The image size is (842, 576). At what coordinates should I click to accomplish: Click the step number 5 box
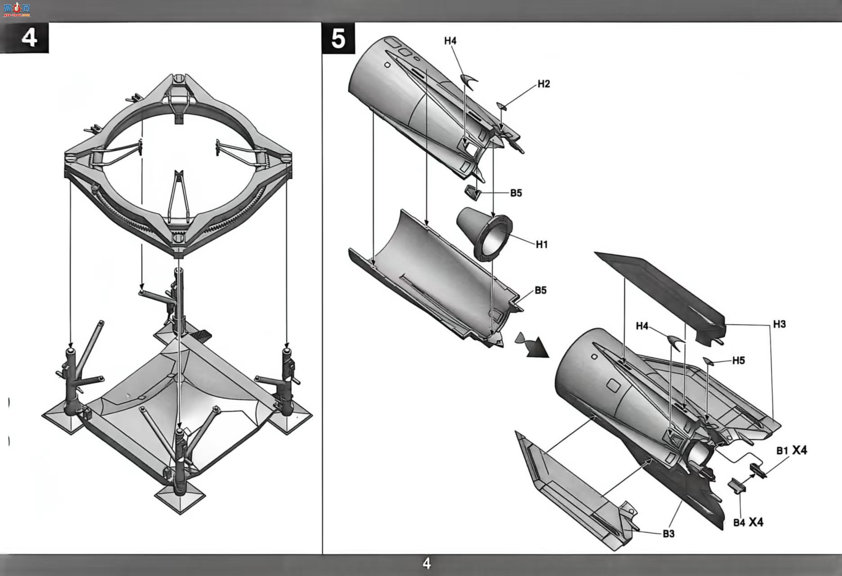point(338,38)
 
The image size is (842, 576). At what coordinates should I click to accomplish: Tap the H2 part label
point(544,84)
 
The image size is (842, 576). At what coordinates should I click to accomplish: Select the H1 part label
point(541,244)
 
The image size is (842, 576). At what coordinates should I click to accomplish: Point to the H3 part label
point(779,324)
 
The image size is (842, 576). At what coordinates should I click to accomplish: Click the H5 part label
point(738,360)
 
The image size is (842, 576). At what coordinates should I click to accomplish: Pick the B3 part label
point(669,534)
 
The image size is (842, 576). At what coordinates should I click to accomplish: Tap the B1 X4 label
point(792,450)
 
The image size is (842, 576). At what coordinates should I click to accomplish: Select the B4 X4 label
point(748,522)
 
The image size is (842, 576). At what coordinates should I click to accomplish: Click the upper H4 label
point(450,41)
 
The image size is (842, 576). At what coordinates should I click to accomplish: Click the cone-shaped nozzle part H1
point(485,234)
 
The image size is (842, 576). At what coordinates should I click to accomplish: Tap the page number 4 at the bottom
point(427,563)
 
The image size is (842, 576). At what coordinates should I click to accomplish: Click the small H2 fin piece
point(501,106)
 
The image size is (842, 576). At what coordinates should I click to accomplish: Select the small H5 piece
point(708,360)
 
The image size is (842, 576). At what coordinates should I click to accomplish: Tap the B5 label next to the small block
point(516,193)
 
